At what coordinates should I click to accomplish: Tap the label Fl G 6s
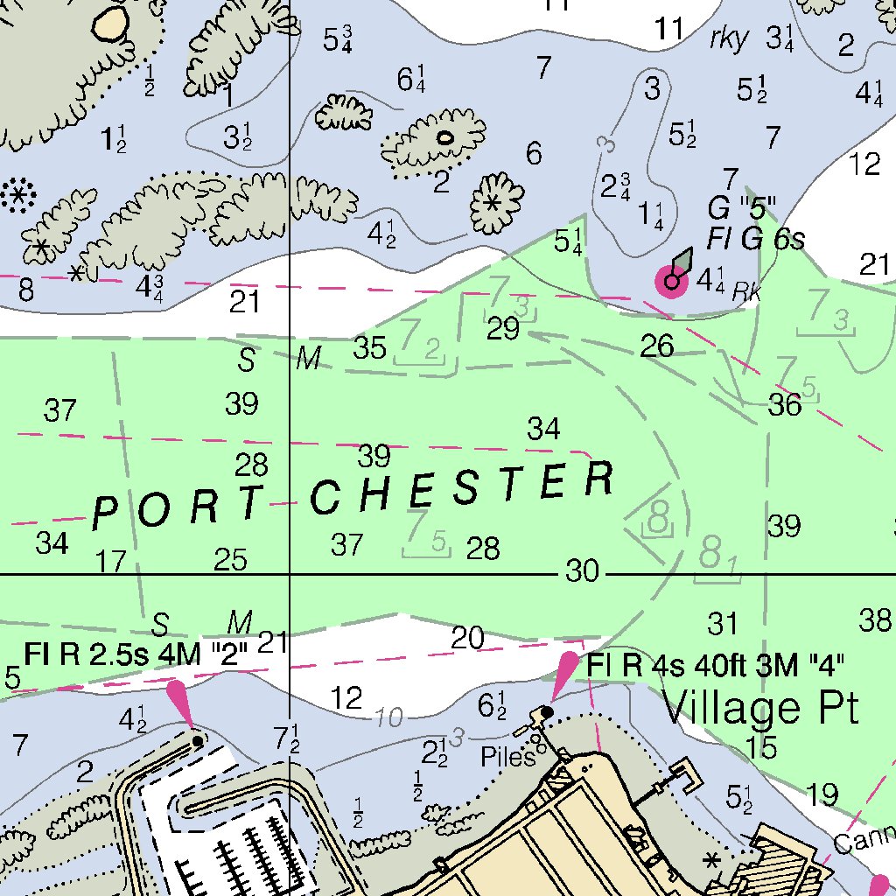click(755, 239)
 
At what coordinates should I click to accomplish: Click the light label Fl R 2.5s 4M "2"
click(136, 653)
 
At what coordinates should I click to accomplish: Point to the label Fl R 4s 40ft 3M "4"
click(715, 665)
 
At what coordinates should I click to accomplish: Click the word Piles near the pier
click(507, 758)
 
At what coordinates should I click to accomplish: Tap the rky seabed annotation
click(729, 38)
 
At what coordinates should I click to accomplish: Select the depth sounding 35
click(369, 347)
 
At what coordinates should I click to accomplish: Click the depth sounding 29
click(503, 329)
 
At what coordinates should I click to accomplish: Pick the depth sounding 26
click(657, 346)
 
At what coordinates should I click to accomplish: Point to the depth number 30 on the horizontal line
click(582, 572)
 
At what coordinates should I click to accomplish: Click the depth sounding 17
click(110, 561)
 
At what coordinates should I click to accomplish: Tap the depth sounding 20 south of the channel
click(467, 639)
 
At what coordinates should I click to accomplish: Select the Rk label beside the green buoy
click(745, 293)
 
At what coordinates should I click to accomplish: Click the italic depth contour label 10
click(389, 718)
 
